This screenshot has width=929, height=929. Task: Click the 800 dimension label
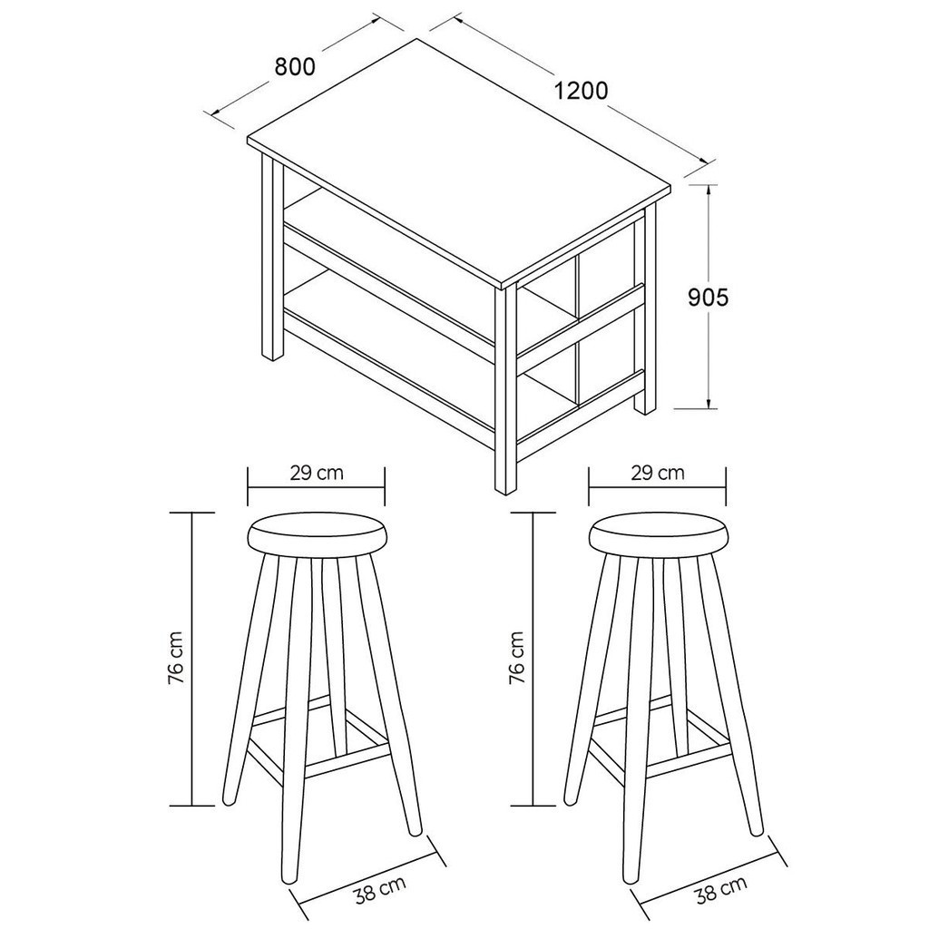(295, 67)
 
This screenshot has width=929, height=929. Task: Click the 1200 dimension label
(581, 91)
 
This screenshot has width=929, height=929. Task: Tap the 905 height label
(708, 298)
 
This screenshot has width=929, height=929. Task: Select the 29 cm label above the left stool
(317, 473)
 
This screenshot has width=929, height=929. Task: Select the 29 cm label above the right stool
(657, 473)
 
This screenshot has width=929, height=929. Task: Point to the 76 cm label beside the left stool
(177, 658)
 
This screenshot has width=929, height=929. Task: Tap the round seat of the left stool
(317, 533)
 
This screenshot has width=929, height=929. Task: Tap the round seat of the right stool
(658, 533)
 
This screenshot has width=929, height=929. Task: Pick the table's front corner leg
(505, 390)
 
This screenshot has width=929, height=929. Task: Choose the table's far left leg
(272, 257)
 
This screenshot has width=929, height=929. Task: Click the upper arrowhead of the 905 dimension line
(709, 191)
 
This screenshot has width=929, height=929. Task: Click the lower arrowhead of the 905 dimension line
(709, 402)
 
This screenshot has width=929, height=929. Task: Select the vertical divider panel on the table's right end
(576, 330)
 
